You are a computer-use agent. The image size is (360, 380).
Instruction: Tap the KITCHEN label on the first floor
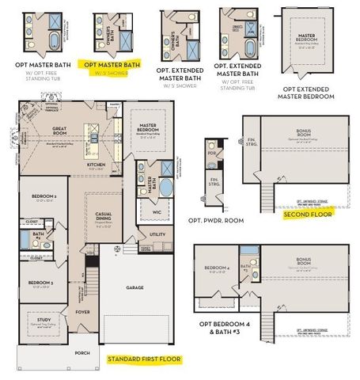[97, 165]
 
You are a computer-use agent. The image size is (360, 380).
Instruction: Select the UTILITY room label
[157, 234]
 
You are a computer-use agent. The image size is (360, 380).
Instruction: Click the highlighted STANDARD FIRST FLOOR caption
[144, 359]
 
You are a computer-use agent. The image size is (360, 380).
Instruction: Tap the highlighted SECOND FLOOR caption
[309, 212]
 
